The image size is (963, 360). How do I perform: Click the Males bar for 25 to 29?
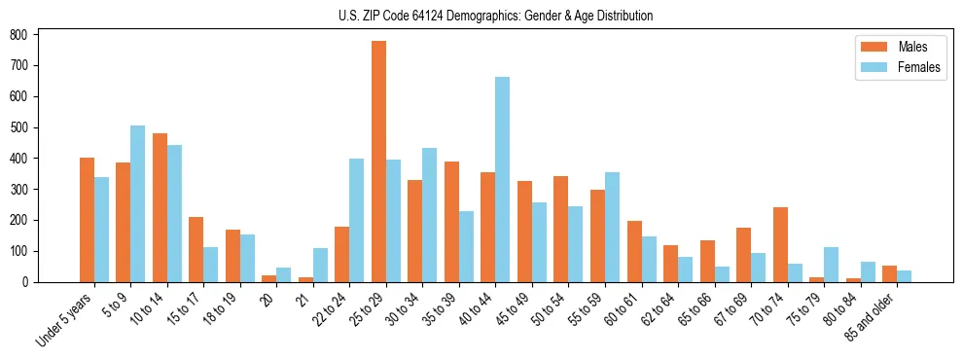click(x=378, y=162)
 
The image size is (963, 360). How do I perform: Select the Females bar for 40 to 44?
click(x=502, y=179)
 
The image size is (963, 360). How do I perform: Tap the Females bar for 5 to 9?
click(x=137, y=203)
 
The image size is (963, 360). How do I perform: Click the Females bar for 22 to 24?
click(x=356, y=220)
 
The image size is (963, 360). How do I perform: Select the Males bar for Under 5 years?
click(x=87, y=220)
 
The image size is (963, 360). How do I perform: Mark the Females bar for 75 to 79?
click(x=831, y=265)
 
